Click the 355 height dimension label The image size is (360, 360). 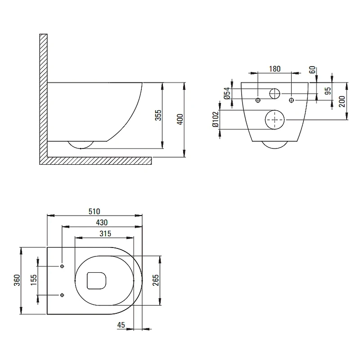click(158, 115)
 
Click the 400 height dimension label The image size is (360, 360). click(180, 119)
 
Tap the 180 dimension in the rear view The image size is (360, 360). click(274, 69)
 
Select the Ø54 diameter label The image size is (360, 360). click(227, 93)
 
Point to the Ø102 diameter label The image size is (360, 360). click(216, 119)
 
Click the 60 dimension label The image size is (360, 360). click(312, 70)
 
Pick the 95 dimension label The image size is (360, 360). click(328, 91)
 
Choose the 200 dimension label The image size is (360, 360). click(342, 101)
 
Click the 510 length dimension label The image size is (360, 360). click(94, 211)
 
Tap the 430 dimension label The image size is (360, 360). click(102, 222)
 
